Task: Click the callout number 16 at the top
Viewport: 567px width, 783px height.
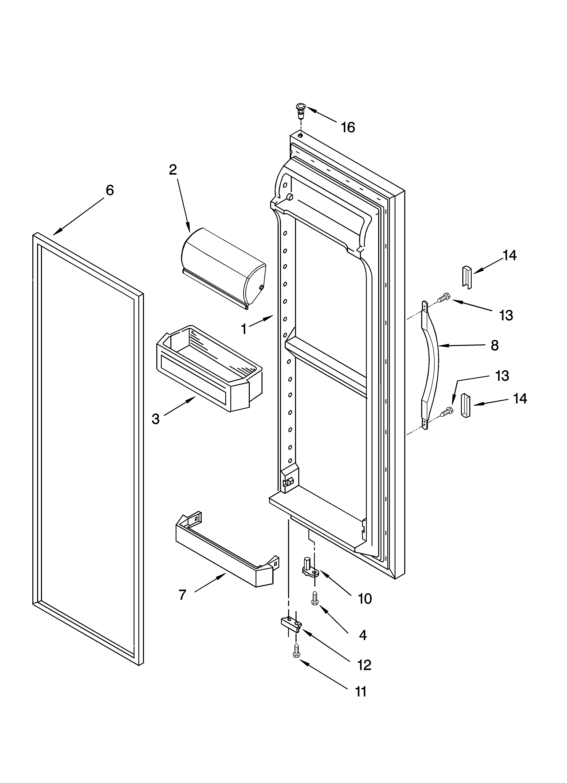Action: pos(348,127)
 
